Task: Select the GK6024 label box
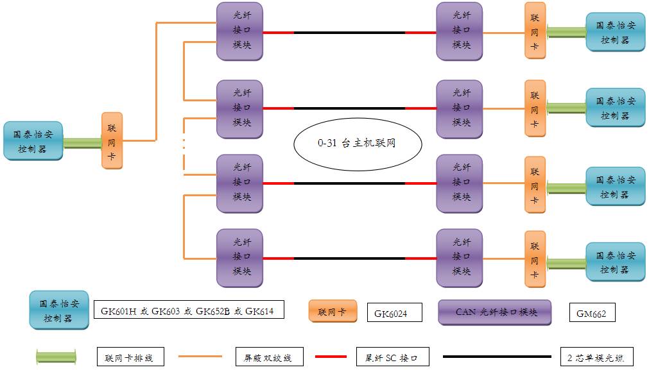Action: pyautogui.click(x=395, y=313)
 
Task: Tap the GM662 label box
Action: pyautogui.click(x=592, y=313)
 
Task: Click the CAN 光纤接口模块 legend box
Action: pyautogui.click(x=495, y=312)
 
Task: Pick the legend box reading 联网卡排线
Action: pyautogui.click(x=130, y=357)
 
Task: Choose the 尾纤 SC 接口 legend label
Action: pyautogui.click(x=392, y=357)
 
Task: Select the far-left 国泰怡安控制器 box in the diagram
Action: pyautogui.click(x=33, y=141)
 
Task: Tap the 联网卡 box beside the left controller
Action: pyautogui.click(x=112, y=141)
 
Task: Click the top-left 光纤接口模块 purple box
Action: pyautogui.click(x=239, y=31)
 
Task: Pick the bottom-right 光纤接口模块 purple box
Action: pyautogui.click(x=459, y=257)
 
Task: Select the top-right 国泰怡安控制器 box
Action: pyautogui.click(x=615, y=32)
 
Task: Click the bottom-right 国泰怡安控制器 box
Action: pyautogui.click(x=615, y=262)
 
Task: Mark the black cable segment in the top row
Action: pyautogui.click(x=349, y=33)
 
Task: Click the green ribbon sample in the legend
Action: pyautogui.click(x=56, y=357)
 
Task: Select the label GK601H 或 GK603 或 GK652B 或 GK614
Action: pyautogui.click(x=187, y=311)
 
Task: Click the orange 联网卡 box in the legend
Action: pyautogui.click(x=333, y=312)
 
